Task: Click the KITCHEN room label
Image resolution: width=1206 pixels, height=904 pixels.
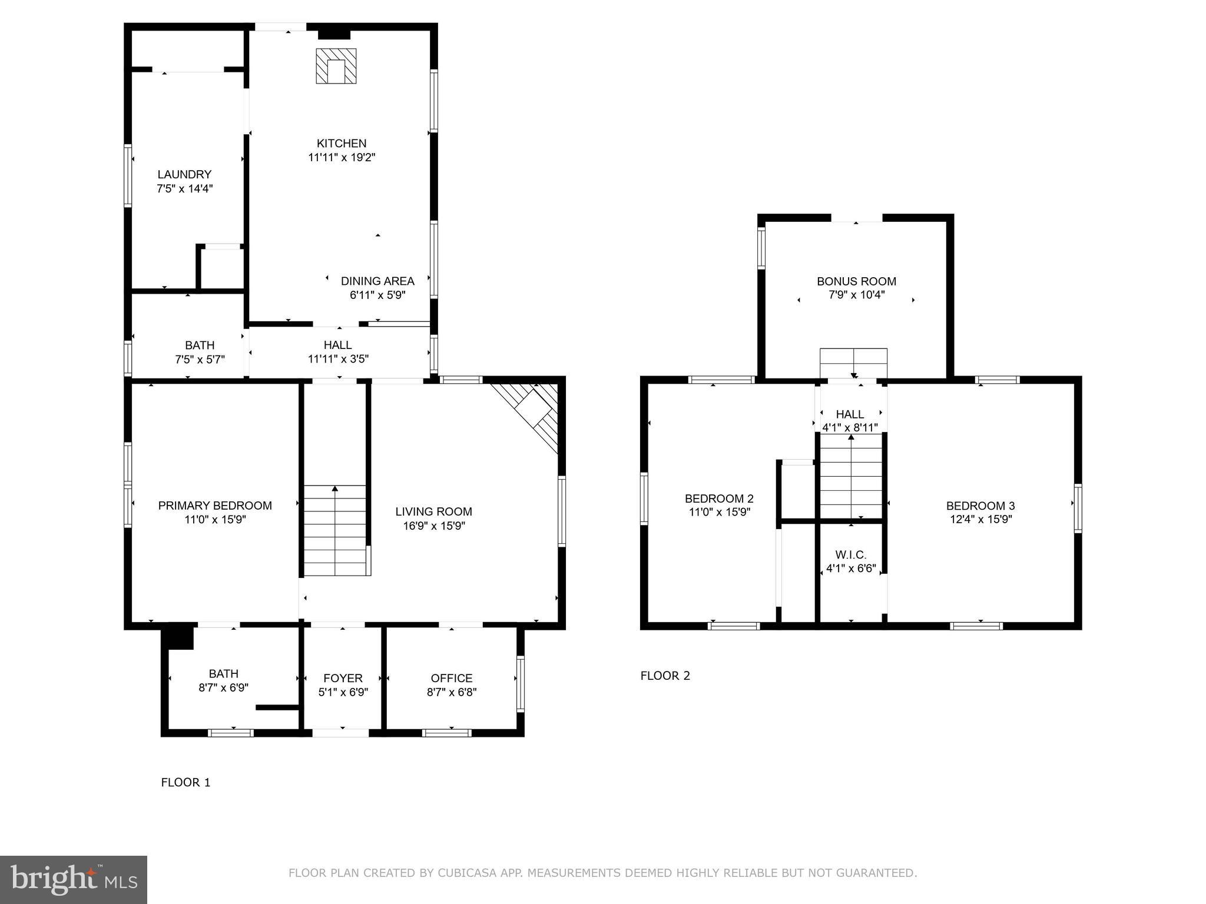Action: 342,143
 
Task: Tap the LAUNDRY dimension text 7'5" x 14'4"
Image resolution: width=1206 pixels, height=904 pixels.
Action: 184,189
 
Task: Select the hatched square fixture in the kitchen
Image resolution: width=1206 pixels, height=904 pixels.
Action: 336,66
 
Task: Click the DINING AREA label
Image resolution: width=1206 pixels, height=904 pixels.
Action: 377,281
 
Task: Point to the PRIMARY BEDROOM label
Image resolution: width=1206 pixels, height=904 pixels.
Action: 215,506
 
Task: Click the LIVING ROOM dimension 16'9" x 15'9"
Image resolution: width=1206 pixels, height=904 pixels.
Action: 434,526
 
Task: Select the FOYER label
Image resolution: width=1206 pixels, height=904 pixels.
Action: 343,678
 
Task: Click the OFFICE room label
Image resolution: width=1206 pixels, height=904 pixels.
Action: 452,678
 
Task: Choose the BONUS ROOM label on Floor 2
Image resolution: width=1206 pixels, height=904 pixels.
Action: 856,281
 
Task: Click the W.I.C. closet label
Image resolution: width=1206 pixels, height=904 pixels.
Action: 851,555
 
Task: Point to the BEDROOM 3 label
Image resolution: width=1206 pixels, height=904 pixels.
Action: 980,506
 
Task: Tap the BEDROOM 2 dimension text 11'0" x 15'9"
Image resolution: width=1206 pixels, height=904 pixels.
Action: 720,513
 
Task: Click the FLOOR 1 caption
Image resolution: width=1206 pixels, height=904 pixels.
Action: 185,782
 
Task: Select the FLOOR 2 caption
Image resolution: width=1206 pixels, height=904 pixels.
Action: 665,676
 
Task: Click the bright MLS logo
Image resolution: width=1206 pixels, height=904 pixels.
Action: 74,880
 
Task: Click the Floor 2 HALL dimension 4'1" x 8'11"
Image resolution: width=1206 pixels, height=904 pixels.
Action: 850,428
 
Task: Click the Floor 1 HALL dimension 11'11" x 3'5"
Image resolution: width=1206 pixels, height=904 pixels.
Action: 338,359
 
